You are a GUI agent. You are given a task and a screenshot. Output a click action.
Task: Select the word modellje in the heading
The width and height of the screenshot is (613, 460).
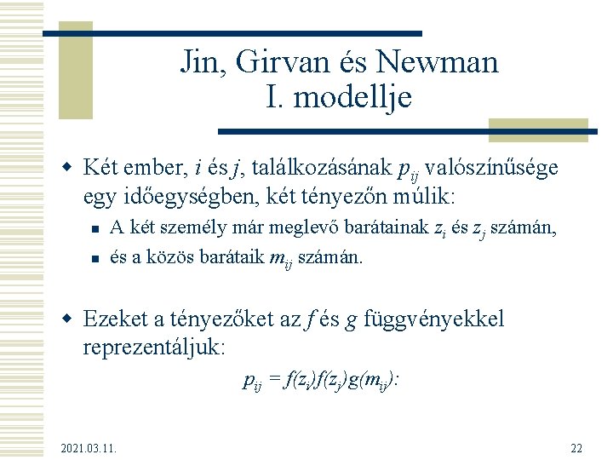351,97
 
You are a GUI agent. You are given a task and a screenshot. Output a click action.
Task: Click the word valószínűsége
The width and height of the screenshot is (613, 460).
495,168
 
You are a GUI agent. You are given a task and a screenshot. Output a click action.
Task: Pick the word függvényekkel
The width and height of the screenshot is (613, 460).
433,319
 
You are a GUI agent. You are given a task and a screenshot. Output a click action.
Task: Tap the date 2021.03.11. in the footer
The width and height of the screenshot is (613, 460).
89,447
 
